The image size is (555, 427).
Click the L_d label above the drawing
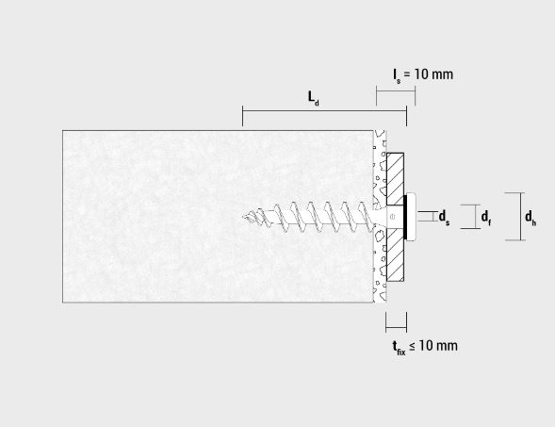click(313, 98)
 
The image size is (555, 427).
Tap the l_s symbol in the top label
click(397, 75)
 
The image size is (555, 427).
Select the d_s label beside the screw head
click(444, 218)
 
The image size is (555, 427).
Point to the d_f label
click(486, 218)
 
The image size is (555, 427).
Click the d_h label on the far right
click(531, 218)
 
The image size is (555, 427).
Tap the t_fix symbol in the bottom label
click(399, 347)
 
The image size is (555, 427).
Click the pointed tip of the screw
click(243, 217)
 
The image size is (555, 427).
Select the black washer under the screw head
click(405, 217)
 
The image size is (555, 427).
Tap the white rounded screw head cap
click(411, 217)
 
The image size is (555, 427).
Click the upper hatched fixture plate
click(395, 179)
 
